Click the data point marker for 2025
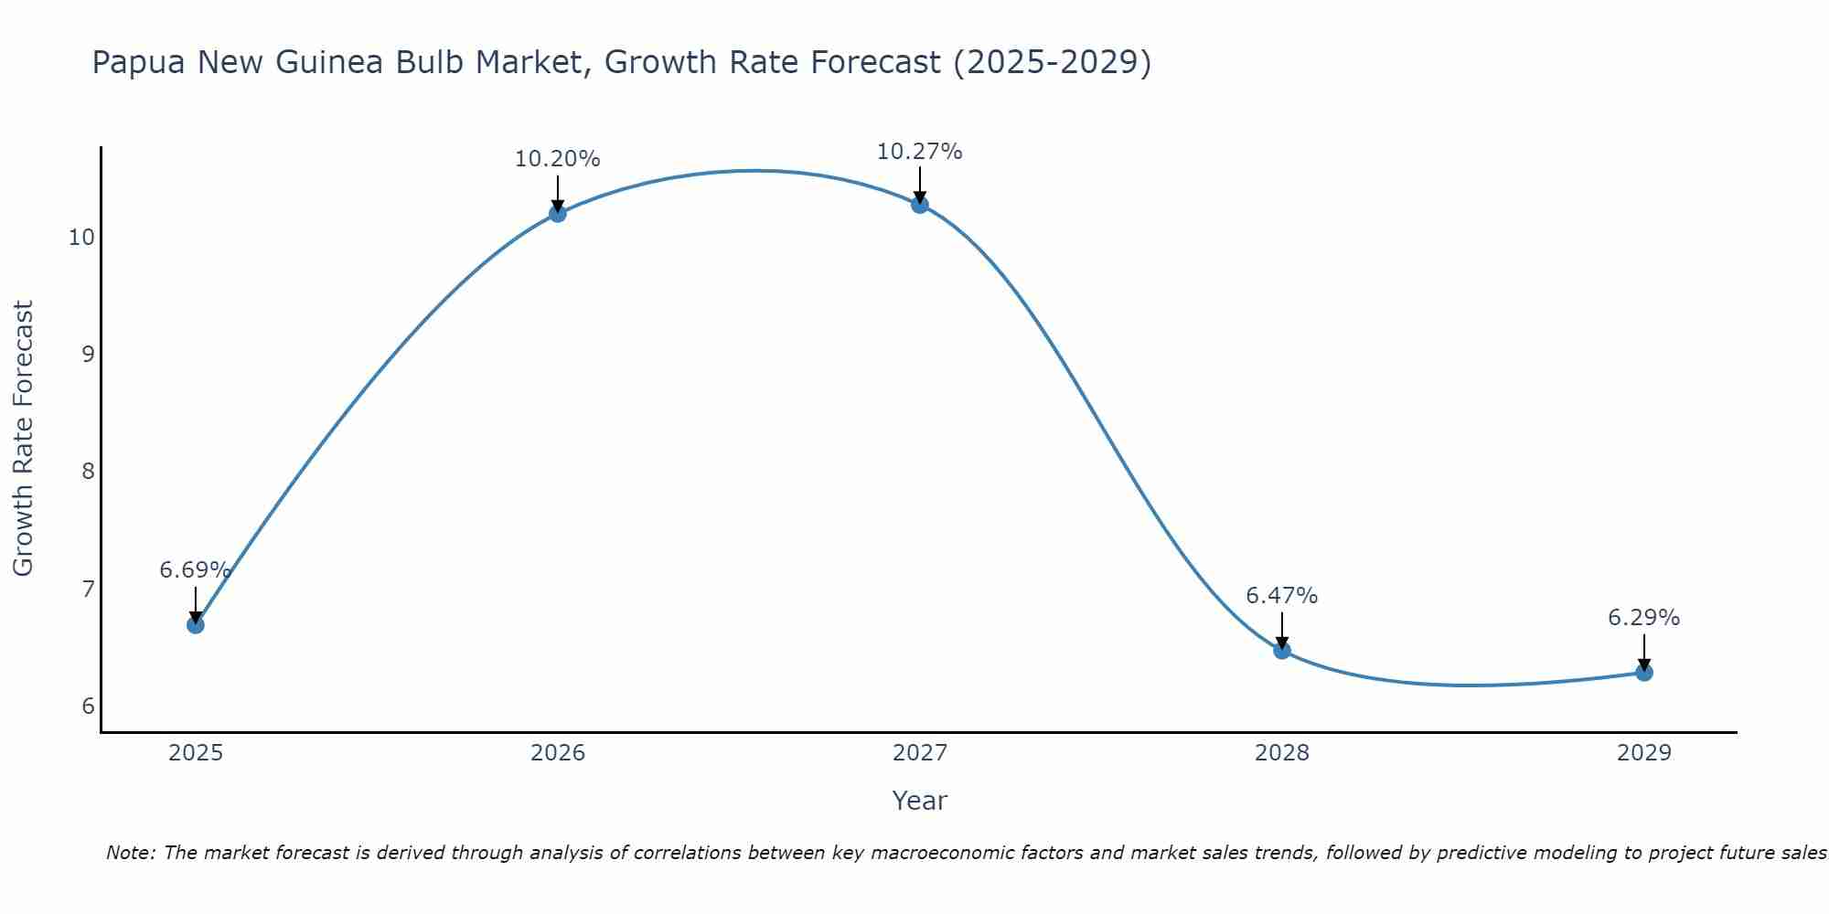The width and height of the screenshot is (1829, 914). tap(196, 625)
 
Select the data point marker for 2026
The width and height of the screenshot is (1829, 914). tap(558, 214)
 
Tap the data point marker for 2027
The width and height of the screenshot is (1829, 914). tap(920, 205)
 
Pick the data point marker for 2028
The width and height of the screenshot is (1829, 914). tap(1282, 651)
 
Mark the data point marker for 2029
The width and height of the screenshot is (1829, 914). tap(1644, 673)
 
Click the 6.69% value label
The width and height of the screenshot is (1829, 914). tap(195, 570)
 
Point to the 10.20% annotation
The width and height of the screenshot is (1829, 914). tap(557, 159)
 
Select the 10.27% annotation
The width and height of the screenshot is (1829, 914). tap(919, 152)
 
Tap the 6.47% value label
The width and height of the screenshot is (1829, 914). tap(1281, 596)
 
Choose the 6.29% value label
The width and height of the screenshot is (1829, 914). tap(1643, 618)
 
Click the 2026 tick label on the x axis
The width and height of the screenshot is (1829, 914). tap(558, 753)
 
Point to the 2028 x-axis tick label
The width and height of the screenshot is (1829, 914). tap(1282, 753)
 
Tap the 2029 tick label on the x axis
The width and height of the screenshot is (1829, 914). tap(1644, 753)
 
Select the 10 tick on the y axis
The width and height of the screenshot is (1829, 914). tap(81, 238)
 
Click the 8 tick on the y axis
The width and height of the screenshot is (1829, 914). tap(88, 472)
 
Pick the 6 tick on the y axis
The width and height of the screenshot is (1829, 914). tap(88, 706)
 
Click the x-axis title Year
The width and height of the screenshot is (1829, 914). tap(919, 801)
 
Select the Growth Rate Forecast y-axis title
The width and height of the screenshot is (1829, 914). tap(23, 439)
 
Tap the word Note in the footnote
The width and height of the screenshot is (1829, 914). tap(131, 853)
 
